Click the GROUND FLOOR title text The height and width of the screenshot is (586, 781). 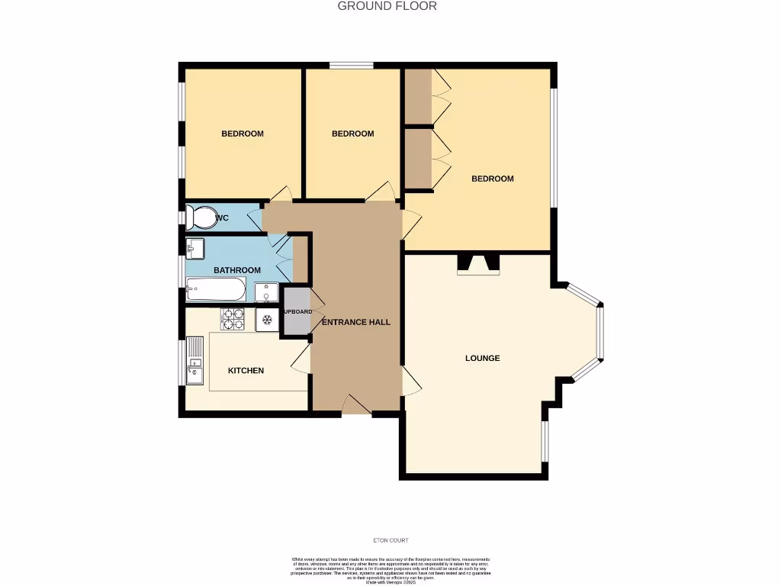(387, 6)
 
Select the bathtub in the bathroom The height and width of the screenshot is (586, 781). (216, 290)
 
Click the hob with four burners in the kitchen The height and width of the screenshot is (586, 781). (233, 319)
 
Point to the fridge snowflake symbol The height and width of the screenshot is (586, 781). (267, 319)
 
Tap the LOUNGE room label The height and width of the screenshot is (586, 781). (483, 358)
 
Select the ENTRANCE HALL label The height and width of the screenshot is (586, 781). (355, 322)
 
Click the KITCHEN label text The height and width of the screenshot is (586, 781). (246, 371)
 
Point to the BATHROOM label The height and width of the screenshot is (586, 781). (236, 270)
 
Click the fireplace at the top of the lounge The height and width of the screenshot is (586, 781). (478, 264)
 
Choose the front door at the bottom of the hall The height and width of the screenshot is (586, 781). (355, 406)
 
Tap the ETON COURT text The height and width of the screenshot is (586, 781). (390, 540)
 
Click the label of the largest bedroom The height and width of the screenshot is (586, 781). (492, 179)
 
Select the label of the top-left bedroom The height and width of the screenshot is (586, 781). (243, 134)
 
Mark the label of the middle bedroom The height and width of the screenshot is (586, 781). (352, 134)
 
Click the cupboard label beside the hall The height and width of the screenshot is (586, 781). (297, 312)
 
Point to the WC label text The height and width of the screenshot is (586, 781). (222, 218)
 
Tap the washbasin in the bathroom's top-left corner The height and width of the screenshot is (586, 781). (194, 247)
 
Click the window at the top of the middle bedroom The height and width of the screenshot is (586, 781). (351, 66)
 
